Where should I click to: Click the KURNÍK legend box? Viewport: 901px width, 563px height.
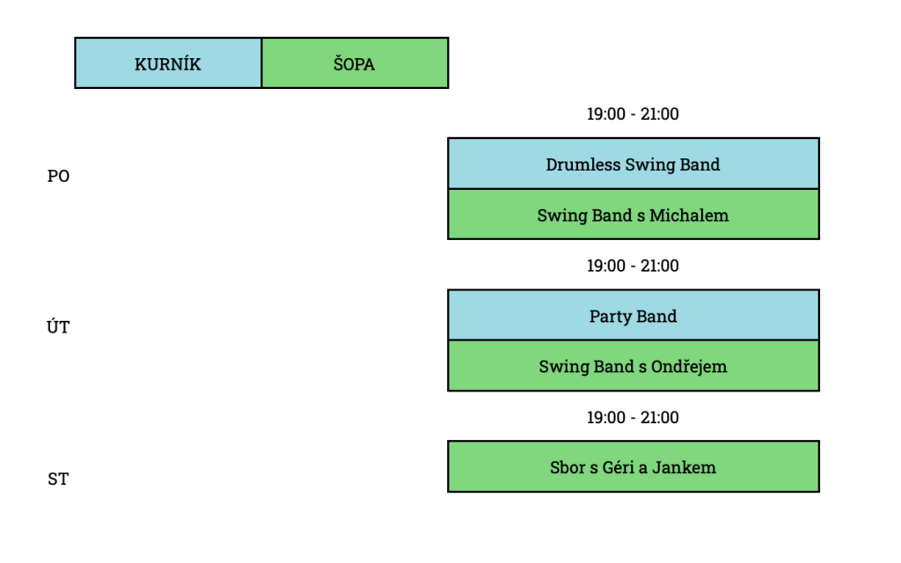(168, 62)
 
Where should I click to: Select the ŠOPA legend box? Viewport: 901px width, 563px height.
(355, 62)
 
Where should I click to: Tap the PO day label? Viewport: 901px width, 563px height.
(58, 176)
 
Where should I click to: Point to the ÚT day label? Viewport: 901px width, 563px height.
(58, 327)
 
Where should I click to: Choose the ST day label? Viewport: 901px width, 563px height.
(58, 479)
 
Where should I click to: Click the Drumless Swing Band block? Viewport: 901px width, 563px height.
(634, 164)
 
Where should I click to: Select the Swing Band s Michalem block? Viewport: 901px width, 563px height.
(634, 215)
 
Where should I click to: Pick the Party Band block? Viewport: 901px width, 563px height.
(634, 316)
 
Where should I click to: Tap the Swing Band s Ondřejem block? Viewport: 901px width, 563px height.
(634, 366)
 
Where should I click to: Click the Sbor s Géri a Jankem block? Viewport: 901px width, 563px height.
(634, 466)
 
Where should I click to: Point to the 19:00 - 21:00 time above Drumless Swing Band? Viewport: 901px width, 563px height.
(633, 113)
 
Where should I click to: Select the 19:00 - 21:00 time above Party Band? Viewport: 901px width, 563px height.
(633, 266)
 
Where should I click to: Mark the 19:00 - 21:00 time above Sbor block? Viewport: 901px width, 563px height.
(633, 417)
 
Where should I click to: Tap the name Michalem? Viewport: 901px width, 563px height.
(689, 215)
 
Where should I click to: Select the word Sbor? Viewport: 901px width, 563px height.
(567, 467)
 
